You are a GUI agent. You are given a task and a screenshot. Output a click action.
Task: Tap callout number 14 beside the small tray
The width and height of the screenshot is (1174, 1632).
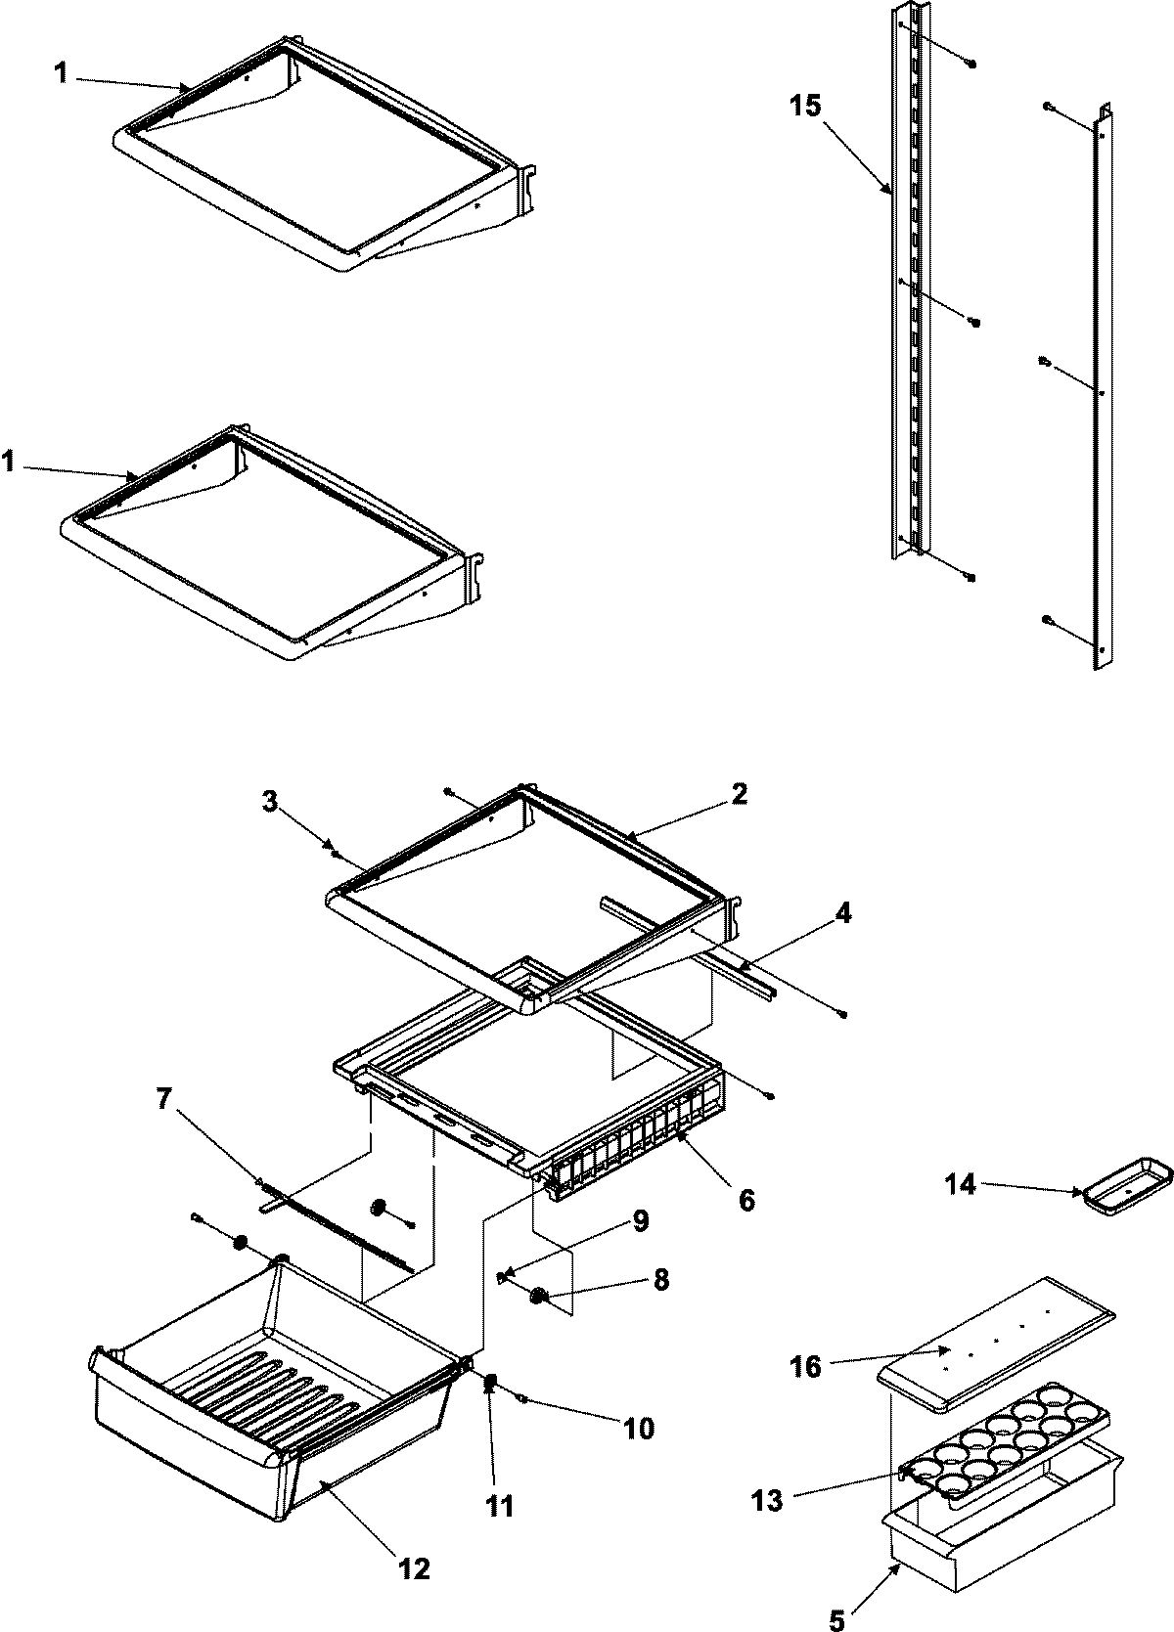coord(961,1185)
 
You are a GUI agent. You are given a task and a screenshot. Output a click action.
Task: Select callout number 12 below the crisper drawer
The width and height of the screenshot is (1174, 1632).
coord(414,1569)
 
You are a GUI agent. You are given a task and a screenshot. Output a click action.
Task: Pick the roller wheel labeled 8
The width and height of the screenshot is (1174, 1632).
coord(537,1297)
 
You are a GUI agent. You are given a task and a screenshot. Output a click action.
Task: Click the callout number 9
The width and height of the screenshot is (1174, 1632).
coord(640,1221)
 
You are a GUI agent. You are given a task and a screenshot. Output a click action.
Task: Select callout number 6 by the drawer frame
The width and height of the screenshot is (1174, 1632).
coord(746,1199)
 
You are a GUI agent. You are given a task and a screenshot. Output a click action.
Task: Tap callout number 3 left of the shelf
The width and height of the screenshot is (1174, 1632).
coord(270,802)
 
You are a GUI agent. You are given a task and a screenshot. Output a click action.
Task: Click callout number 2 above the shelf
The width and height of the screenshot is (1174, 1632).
coord(739,793)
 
